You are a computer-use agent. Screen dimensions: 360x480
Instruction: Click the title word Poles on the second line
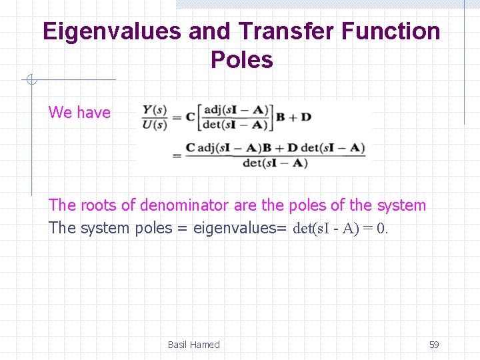[241, 60]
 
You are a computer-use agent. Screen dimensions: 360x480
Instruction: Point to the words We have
[79, 112]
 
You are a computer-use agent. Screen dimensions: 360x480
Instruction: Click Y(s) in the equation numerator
[154, 109]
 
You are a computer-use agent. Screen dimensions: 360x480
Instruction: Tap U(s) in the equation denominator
[154, 124]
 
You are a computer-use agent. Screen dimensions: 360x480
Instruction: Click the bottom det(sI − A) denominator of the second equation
[275, 163]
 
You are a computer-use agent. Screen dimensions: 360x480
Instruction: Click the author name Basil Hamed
[193, 345]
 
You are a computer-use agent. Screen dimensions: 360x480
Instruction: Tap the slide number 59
[434, 345]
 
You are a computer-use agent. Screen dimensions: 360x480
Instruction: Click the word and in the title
[209, 31]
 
